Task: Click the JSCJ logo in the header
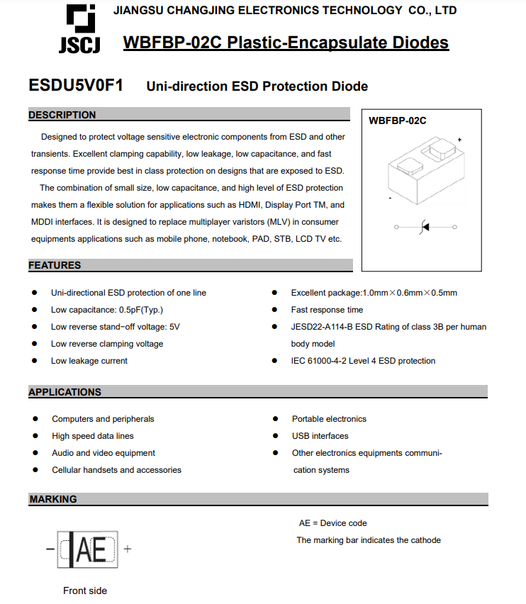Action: [x=79, y=29]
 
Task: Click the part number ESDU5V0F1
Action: [x=76, y=86]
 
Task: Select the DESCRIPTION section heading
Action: [x=62, y=115]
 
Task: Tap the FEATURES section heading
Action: [x=55, y=265]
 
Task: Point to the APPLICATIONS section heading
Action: [x=65, y=392]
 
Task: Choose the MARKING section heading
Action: [x=53, y=499]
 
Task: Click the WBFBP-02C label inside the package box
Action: [x=398, y=121]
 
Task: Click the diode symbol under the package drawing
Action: [x=425, y=227]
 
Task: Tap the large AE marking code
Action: [x=91, y=550]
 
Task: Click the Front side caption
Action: [x=85, y=591]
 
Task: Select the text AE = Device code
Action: [x=333, y=523]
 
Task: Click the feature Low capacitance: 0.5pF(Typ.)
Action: [x=107, y=310]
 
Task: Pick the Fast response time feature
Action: [x=327, y=310]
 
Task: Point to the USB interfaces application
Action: [x=320, y=436]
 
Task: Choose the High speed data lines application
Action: [x=93, y=436]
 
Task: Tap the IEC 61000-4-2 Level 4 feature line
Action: [x=363, y=361]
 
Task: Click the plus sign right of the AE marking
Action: [x=128, y=549]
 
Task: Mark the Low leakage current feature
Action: [x=89, y=361]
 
